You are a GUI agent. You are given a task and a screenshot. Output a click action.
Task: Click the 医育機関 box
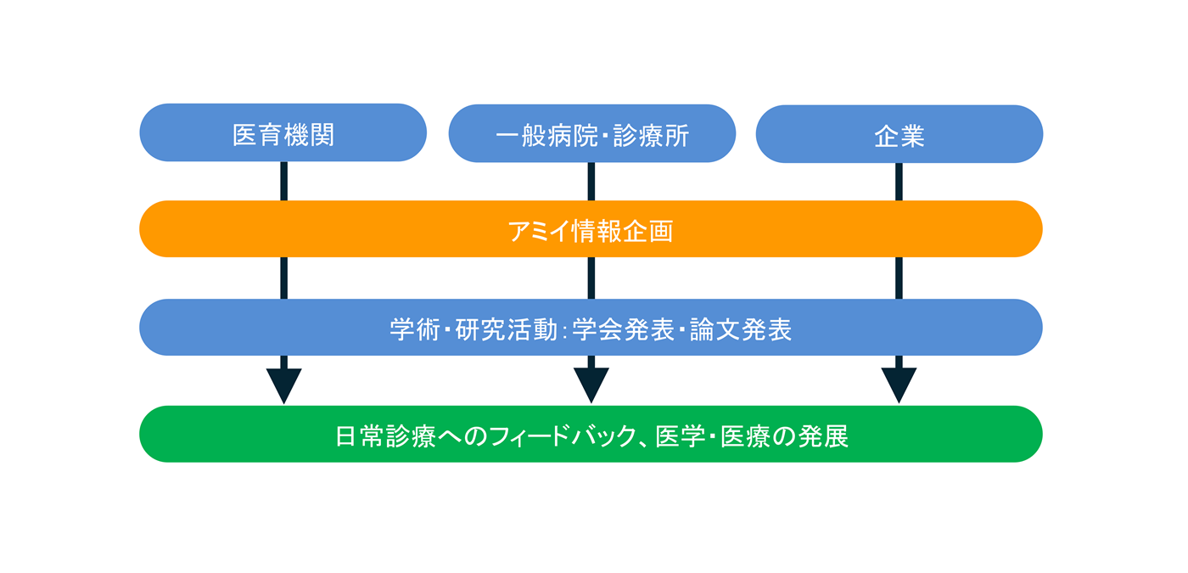pyautogui.click(x=283, y=133)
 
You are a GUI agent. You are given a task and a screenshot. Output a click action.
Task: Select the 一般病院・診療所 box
pyautogui.click(x=591, y=133)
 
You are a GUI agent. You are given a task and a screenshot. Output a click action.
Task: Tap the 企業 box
pyautogui.click(x=899, y=134)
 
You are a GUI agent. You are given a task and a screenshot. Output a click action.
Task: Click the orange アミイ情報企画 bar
pyautogui.click(x=591, y=229)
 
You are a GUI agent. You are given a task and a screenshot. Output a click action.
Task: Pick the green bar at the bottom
pyautogui.click(x=591, y=435)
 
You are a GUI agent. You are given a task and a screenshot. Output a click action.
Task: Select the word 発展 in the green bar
pyautogui.click(x=824, y=436)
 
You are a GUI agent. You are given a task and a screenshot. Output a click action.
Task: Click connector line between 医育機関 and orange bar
pyautogui.click(x=283, y=181)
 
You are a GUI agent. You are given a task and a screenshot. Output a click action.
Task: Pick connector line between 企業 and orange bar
pyautogui.click(x=899, y=182)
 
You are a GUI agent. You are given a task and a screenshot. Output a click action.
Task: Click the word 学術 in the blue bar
pyautogui.click(x=415, y=329)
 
